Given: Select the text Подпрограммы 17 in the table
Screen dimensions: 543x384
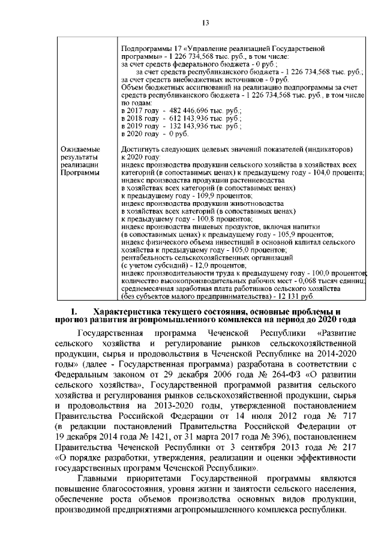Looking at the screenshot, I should [149, 46].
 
